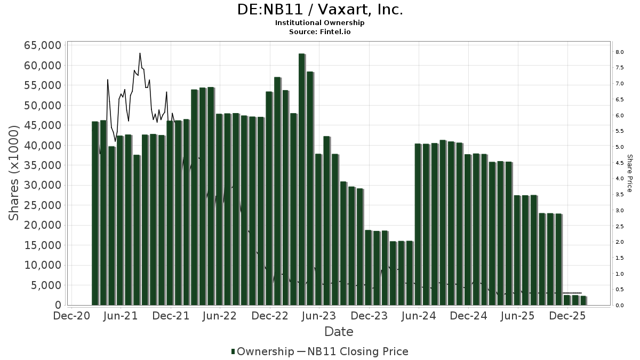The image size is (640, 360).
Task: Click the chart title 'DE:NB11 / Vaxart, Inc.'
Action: coord(320,10)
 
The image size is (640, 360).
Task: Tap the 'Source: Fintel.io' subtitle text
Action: coord(320,31)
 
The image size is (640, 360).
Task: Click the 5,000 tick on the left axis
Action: coord(46,285)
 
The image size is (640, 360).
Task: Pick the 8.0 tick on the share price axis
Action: coord(619,52)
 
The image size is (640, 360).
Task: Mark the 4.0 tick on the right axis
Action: coord(619,179)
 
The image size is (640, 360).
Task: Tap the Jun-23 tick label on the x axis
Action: coord(319,316)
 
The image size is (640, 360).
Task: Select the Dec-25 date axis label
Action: coord(568,316)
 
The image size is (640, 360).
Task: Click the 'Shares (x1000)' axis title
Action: coord(14,173)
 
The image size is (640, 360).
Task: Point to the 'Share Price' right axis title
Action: coord(630,173)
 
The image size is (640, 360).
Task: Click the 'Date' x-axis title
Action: coord(339,332)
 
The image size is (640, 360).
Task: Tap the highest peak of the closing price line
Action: coord(140,53)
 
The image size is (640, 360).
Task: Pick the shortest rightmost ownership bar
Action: coord(583,300)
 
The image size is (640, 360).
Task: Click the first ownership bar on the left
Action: coord(95,213)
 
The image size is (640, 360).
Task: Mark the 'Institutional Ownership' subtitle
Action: coord(320,23)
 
